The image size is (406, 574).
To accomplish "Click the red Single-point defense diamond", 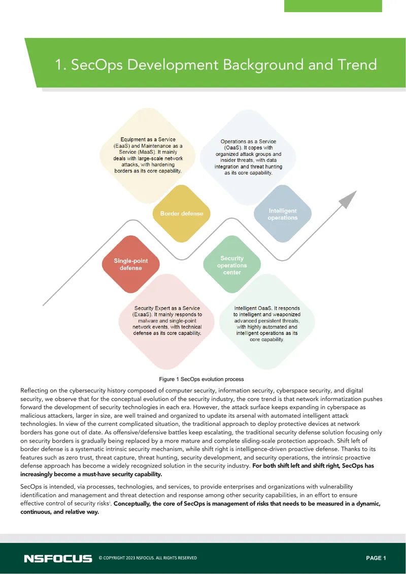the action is [x=131, y=264].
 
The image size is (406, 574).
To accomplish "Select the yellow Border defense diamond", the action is [x=182, y=214].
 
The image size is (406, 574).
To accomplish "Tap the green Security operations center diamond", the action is [x=232, y=264].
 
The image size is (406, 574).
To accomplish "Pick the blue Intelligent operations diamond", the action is [x=283, y=214].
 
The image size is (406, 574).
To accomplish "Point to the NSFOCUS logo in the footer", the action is [x=58, y=558].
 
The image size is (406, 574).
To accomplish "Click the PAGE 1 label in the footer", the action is [x=376, y=558].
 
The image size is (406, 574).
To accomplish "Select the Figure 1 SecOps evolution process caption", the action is [x=201, y=379].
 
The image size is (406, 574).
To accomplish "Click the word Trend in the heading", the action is [x=357, y=65].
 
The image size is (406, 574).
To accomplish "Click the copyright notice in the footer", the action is [x=148, y=558].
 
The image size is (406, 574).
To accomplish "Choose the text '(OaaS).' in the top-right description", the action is [x=233, y=148].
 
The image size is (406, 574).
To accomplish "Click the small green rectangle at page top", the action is [x=333, y=6].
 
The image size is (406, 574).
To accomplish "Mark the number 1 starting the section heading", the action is [x=60, y=65].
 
